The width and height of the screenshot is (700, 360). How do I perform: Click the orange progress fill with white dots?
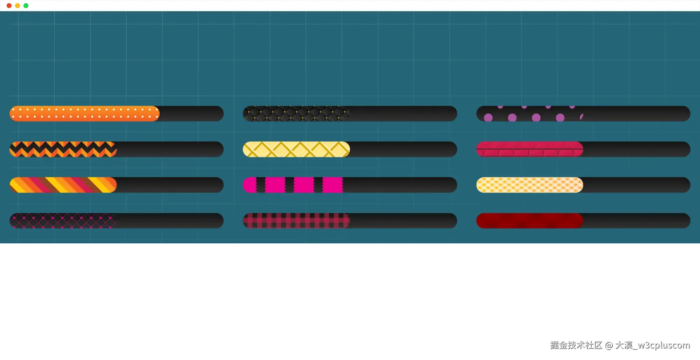[84, 114]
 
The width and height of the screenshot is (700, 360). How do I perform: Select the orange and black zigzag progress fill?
[63, 150]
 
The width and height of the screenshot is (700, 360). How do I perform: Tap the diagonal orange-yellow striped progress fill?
[63, 185]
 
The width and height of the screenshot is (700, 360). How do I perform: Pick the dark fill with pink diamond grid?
[63, 221]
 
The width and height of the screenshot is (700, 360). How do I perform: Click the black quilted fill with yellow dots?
[296, 114]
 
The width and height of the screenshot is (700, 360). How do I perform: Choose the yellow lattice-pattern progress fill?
[296, 150]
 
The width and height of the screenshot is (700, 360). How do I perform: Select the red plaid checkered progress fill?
[296, 221]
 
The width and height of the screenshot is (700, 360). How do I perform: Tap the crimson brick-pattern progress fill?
[530, 150]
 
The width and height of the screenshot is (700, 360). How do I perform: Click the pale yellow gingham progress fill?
[530, 185]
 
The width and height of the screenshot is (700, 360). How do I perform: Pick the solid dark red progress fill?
[530, 221]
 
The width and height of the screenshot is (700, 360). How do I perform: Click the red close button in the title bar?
[9, 6]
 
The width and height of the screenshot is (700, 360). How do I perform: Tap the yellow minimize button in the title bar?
[17, 6]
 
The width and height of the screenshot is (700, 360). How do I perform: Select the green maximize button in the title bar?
[26, 6]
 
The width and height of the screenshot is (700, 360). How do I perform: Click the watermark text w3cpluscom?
[663, 345]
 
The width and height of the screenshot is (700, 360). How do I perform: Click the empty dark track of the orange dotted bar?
[191, 114]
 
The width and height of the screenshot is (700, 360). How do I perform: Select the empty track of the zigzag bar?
[170, 150]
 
